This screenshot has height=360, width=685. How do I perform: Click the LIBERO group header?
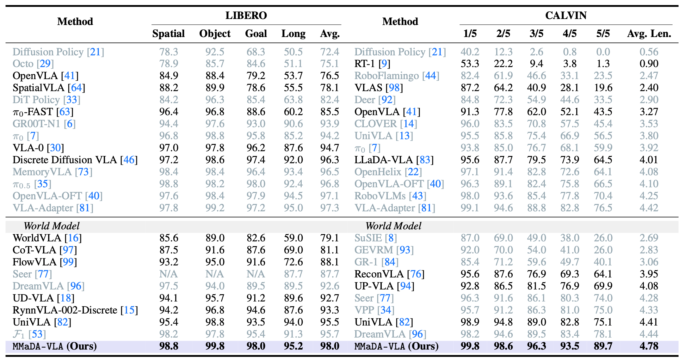(x=246, y=16)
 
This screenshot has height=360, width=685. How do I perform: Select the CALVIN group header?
(x=565, y=16)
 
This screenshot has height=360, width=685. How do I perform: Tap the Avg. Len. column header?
(x=649, y=34)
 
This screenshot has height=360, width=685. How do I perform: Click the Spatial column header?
(x=168, y=34)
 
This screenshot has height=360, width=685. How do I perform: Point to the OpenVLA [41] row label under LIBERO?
(x=46, y=76)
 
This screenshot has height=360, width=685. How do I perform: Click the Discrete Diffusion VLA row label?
(x=75, y=160)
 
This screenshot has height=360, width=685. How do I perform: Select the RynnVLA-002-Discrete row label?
(x=75, y=310)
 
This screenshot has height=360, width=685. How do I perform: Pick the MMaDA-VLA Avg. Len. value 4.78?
(x=649, y=346)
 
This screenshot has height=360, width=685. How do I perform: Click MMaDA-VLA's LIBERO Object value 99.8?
(x=215, y=346)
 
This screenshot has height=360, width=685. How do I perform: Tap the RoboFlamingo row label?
(x=397, y=76)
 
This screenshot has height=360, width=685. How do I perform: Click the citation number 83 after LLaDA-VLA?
(x=425, y=160)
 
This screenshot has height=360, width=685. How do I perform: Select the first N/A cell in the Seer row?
(x=168, y=274)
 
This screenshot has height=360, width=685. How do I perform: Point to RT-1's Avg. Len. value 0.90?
(x=649, y=64)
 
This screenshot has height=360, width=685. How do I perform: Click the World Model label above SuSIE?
(x=393, y=226)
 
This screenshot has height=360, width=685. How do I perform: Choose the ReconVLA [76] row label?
(x=389, y=274)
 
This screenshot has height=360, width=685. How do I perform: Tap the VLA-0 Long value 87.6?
(x=293, y=148)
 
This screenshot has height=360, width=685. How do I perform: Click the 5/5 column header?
(x=603, y=34)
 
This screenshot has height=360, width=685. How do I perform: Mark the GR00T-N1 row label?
(x=44, y=124)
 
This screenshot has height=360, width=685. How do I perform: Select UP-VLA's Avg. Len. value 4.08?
(x=649, y=286)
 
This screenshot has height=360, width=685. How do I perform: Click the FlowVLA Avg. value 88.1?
(x=330, y=262)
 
